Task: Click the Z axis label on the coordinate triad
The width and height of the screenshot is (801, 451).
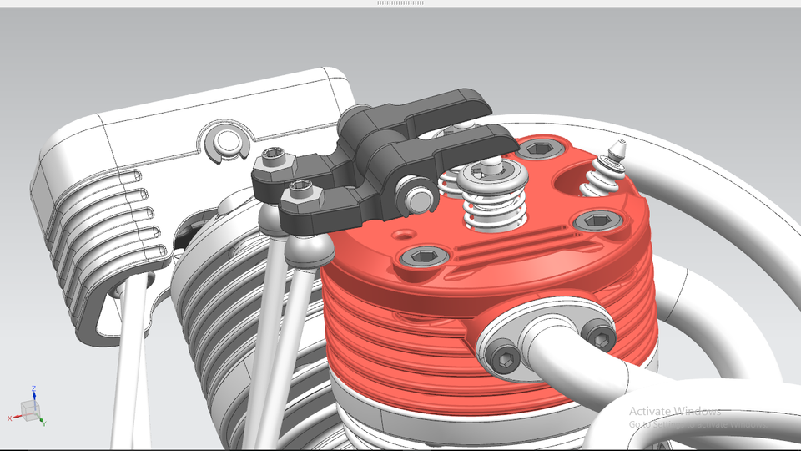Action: click(33, 388)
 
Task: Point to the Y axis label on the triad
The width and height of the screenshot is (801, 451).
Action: click(43, 423)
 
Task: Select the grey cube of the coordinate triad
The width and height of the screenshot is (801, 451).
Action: click(29, 409)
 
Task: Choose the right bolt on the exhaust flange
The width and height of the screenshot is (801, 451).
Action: click(599, 336)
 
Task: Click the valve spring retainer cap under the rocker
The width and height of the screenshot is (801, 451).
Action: click(491, 173)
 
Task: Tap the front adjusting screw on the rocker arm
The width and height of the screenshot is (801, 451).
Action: click(302, 190)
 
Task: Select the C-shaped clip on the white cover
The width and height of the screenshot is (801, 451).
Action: click(225, 144)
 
